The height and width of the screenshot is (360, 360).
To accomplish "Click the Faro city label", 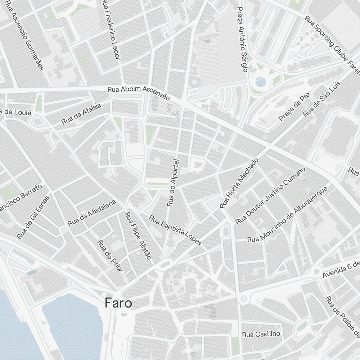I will click(118, 303).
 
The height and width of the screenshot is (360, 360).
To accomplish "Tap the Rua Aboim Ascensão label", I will click(139, 93).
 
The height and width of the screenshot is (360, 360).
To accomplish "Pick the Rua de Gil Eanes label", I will click(33, 217).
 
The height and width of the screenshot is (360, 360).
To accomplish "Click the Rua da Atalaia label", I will click(81, 113).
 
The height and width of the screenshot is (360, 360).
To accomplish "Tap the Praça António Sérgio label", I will click(242, 39).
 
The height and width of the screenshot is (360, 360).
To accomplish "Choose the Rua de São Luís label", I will click(321, 98).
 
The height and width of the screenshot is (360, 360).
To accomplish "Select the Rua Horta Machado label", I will click(239, 183).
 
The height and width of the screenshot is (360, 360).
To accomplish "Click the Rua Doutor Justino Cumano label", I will click(270, 196).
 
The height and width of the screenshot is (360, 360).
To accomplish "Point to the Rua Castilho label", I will click(261, 334).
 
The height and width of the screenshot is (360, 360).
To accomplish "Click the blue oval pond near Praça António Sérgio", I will click(261, 82).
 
